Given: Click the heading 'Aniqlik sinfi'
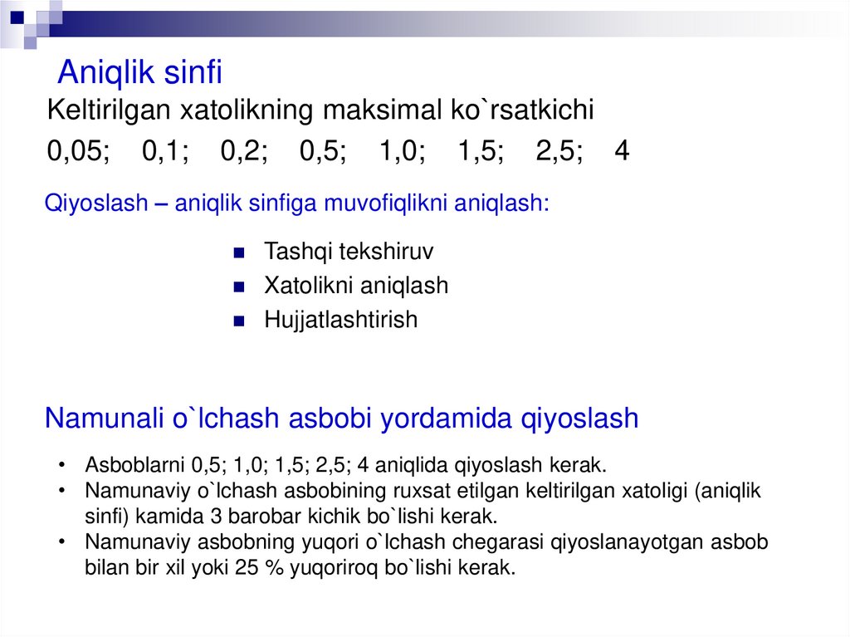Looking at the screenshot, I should point(139,73).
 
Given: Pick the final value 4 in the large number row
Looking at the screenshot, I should point(623,152).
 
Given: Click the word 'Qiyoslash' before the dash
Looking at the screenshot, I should point(95,203).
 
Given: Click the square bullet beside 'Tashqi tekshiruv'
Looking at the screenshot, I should point(238,252).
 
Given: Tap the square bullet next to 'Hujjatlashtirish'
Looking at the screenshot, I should point(238,321).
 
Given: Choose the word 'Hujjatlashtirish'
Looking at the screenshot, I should point(340,320).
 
